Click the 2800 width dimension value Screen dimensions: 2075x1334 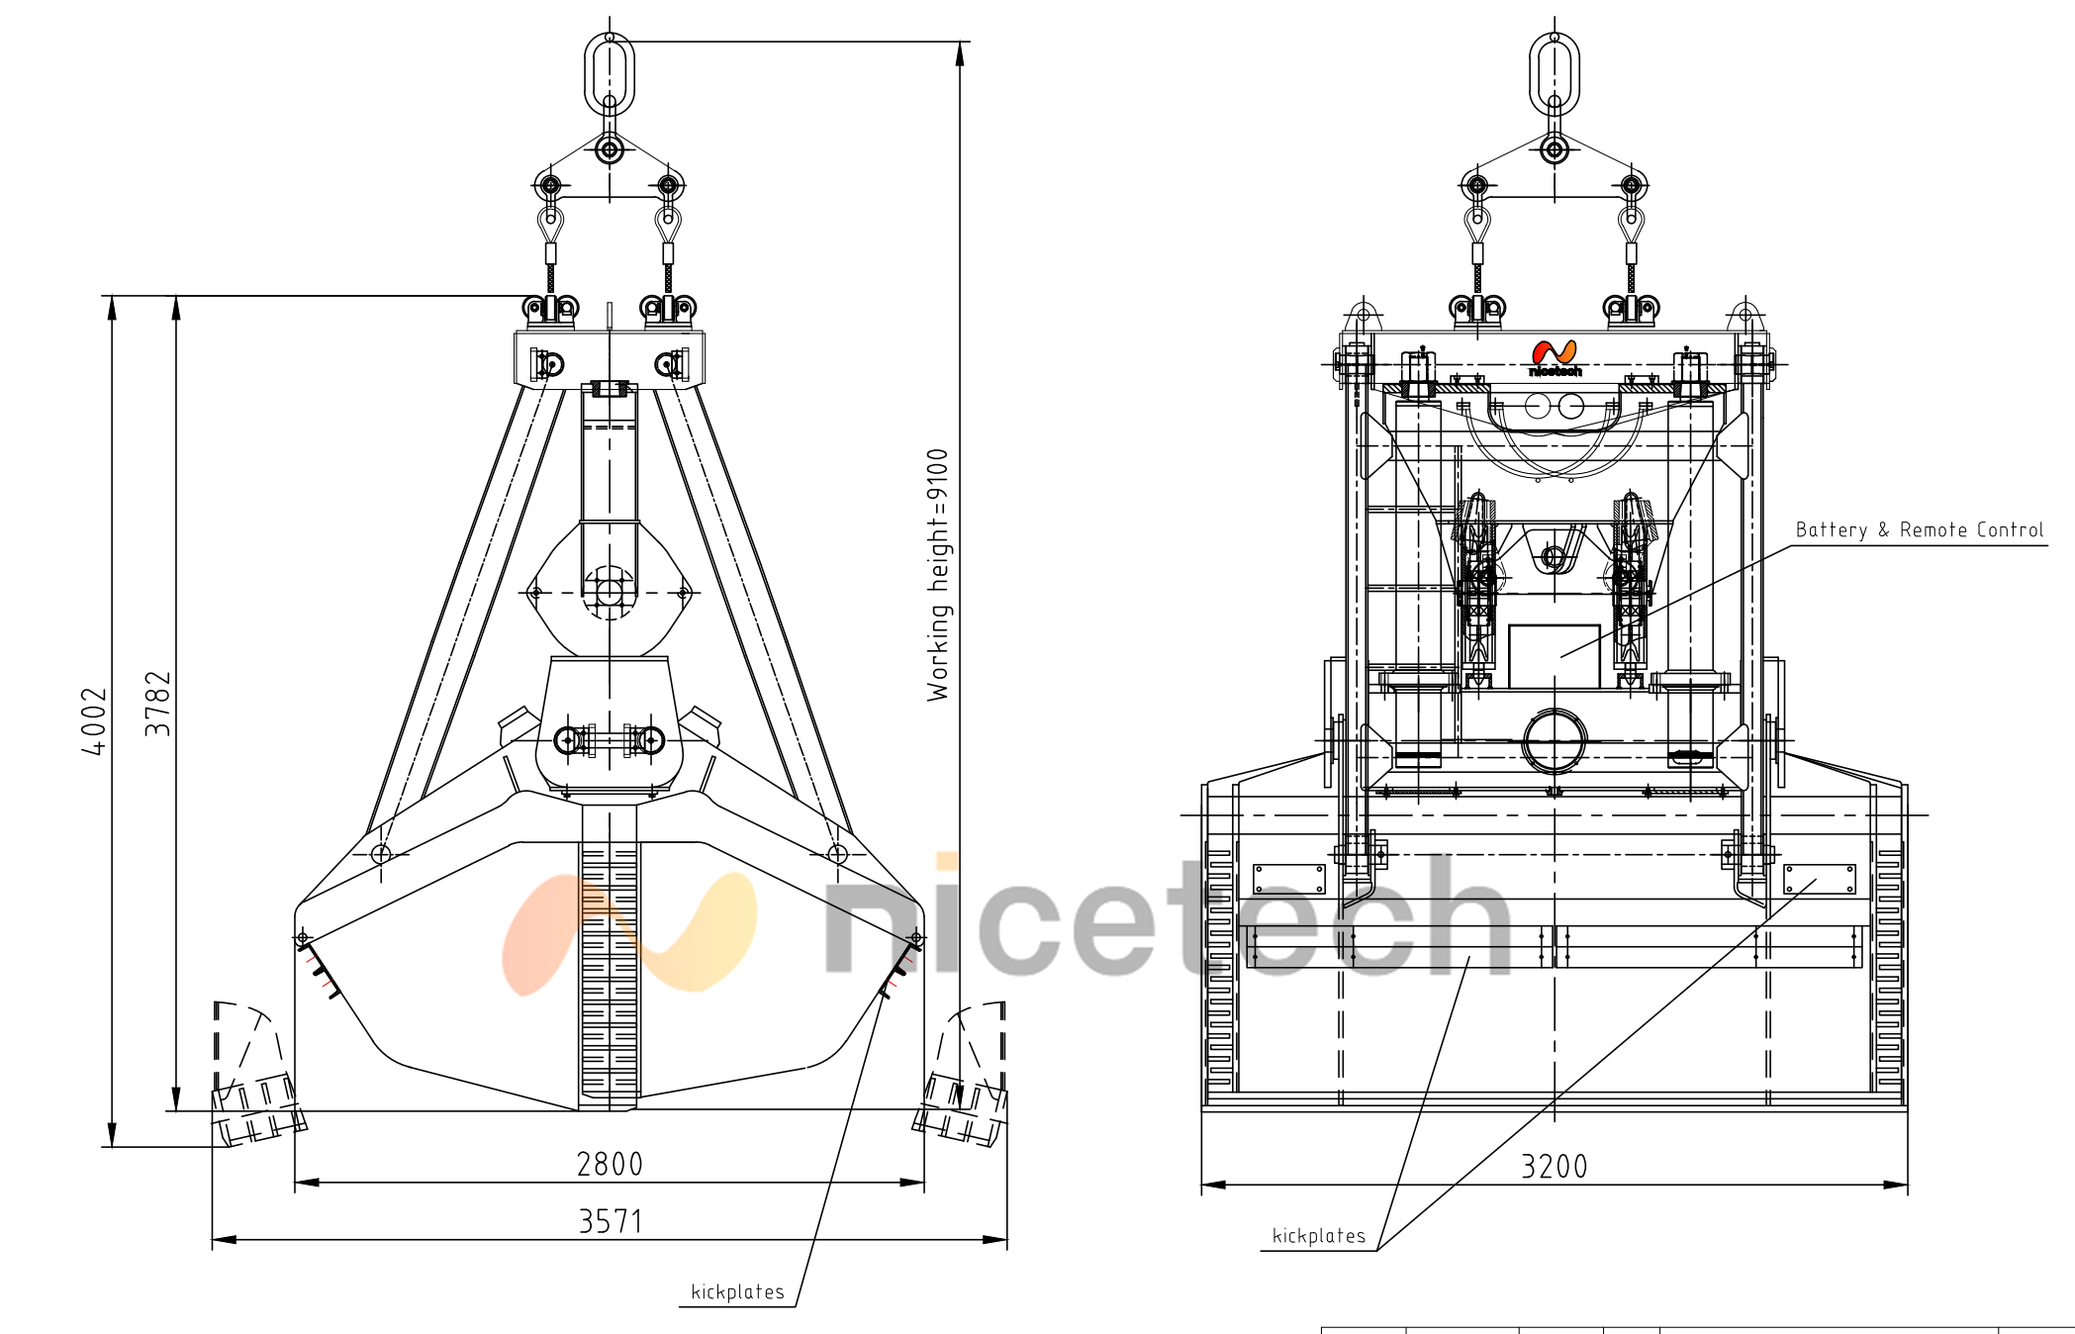pos(610,1164)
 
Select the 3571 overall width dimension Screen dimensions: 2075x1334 pos(611,1221)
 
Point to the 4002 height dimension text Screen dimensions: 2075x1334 pos(93,721)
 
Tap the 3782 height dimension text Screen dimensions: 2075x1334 pos(158,704)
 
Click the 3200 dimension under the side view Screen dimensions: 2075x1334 pos(1554,1167)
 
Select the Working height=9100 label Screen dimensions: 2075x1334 pos(938,575)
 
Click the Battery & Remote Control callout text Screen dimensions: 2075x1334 pos(1920,530)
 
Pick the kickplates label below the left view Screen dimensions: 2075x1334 pos(737,1291)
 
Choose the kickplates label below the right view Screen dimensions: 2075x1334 pos(1318,1236)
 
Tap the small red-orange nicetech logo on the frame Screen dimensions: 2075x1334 pos(1555,358)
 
